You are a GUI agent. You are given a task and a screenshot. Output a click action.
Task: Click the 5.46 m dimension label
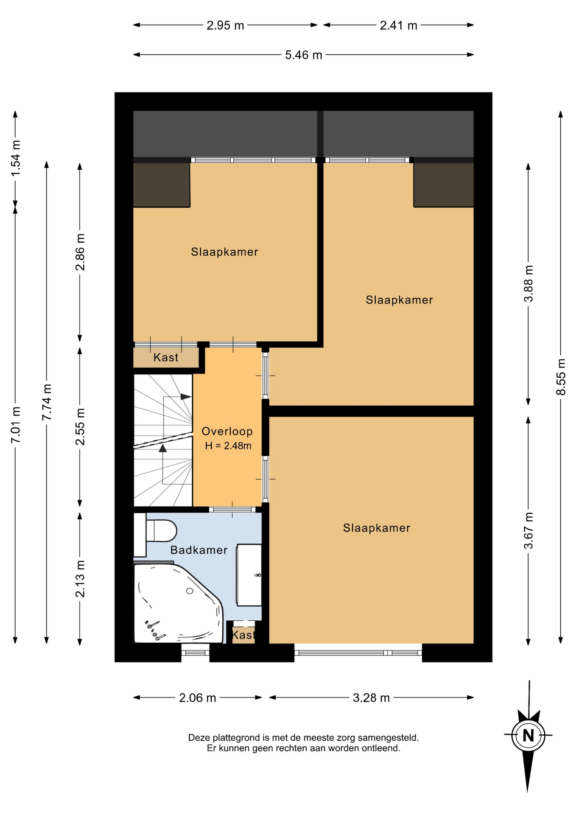303,55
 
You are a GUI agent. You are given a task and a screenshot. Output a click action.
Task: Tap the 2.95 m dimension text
225,25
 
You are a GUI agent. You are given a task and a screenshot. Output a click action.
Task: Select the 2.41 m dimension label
398,25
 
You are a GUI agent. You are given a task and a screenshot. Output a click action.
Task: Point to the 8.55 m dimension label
561,377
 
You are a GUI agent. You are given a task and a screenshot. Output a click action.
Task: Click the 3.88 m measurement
528,284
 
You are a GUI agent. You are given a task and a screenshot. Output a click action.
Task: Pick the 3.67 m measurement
528,530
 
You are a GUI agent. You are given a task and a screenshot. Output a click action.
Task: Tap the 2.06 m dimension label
198,698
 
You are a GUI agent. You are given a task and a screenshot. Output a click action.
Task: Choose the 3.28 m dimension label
371,698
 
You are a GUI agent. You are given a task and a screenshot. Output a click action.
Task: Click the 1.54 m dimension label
16,158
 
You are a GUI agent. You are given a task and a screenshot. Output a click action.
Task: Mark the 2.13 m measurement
80,579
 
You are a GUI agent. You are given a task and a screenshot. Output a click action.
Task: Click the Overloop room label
227,431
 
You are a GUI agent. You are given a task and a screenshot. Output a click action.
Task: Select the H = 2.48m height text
228,446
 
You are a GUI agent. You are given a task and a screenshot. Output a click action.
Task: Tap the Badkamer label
199,550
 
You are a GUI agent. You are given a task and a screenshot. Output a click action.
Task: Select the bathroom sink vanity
249,575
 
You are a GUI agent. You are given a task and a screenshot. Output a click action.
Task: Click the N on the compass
528,735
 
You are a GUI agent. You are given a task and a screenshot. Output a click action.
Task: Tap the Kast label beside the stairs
166,357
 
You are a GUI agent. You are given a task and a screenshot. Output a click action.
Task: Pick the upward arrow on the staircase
163,464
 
